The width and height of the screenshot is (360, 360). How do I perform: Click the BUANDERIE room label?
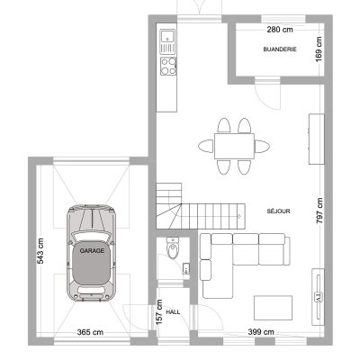click(x=280, y=49)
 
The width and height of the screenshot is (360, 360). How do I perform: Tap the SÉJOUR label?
click(x=278, y=211)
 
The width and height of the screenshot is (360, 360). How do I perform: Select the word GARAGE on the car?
click(x=92, y=251)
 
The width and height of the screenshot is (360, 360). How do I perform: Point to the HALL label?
click(x=173, y=312)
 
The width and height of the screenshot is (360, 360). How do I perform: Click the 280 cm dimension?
click(x=280, y=30)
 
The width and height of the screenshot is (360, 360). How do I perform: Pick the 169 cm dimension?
click(x=319, y=49)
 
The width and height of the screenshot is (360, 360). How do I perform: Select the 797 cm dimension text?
click(x=319, y=211)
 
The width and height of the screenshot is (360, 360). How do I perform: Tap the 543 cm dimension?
click(x=40, y=251)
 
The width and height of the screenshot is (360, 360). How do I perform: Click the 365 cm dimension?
click(x=90, y=332)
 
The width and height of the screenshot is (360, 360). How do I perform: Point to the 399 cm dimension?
click(x=261, y=332)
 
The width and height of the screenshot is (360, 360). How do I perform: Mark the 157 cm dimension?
click(x=159, y=312)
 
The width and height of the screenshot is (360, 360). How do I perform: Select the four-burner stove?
click(x=168, y=66)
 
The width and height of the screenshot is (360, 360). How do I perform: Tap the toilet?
click(x=173, y=248)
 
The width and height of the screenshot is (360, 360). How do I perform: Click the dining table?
click(x=234, y=146)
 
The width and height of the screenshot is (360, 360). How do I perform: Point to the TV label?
click(x=318, y=297)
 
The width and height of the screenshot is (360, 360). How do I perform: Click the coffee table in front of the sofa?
click(x=273, y=308)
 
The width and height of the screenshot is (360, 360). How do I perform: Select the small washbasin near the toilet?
click(x=186, y=267)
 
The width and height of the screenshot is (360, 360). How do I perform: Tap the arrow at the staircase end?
click(x=239, y=216)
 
